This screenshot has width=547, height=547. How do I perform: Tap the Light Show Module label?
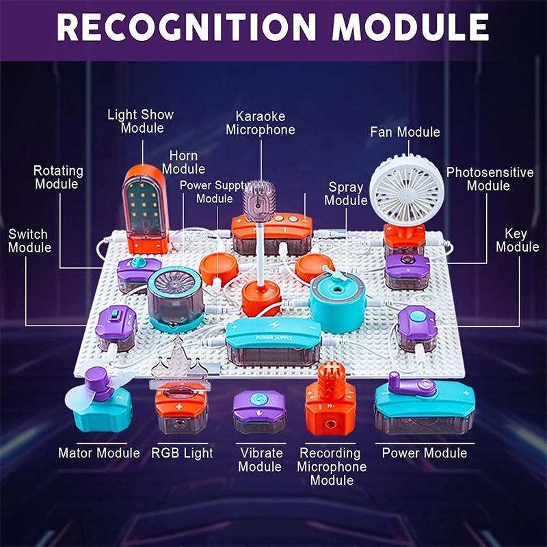(x=141, y=122)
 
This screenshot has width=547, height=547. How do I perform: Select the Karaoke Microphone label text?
(x=261, y=123)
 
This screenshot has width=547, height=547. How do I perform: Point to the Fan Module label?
(x=405, y=131)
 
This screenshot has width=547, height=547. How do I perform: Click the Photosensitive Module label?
(x=490, y=179)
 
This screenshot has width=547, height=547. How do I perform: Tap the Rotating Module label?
(x=58, y=177)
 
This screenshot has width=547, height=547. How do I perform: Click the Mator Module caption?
(x=99, y=453)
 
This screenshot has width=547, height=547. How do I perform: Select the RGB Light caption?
(x=183, y=453)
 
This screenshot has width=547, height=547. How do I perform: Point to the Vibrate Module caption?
(x=261, y=459)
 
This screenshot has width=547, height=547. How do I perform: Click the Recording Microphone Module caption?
(x=332, y=466)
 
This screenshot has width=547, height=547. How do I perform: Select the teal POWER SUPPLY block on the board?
(x=273, y=338)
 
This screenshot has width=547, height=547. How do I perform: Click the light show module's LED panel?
(x=144, y=202)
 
